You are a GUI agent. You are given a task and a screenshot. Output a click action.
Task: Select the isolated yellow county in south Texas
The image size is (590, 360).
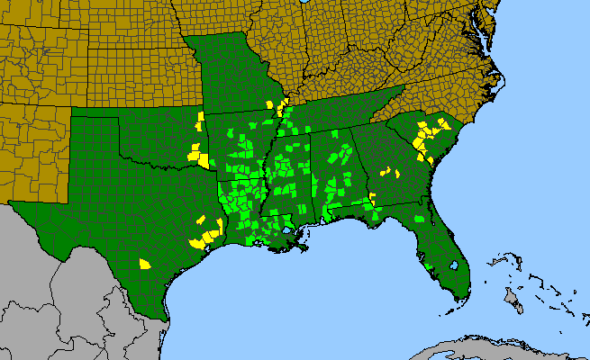pyautogui.click(x=144, y=264)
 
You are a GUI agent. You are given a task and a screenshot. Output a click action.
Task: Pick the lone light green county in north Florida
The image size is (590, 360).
pyautogui.click(x=418, y=219)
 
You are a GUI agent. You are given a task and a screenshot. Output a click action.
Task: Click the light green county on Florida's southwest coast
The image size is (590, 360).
pyautogui.click(x=422, y=260)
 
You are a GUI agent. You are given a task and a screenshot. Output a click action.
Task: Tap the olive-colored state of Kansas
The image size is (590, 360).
pyautogui.click(x=135, y=76)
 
